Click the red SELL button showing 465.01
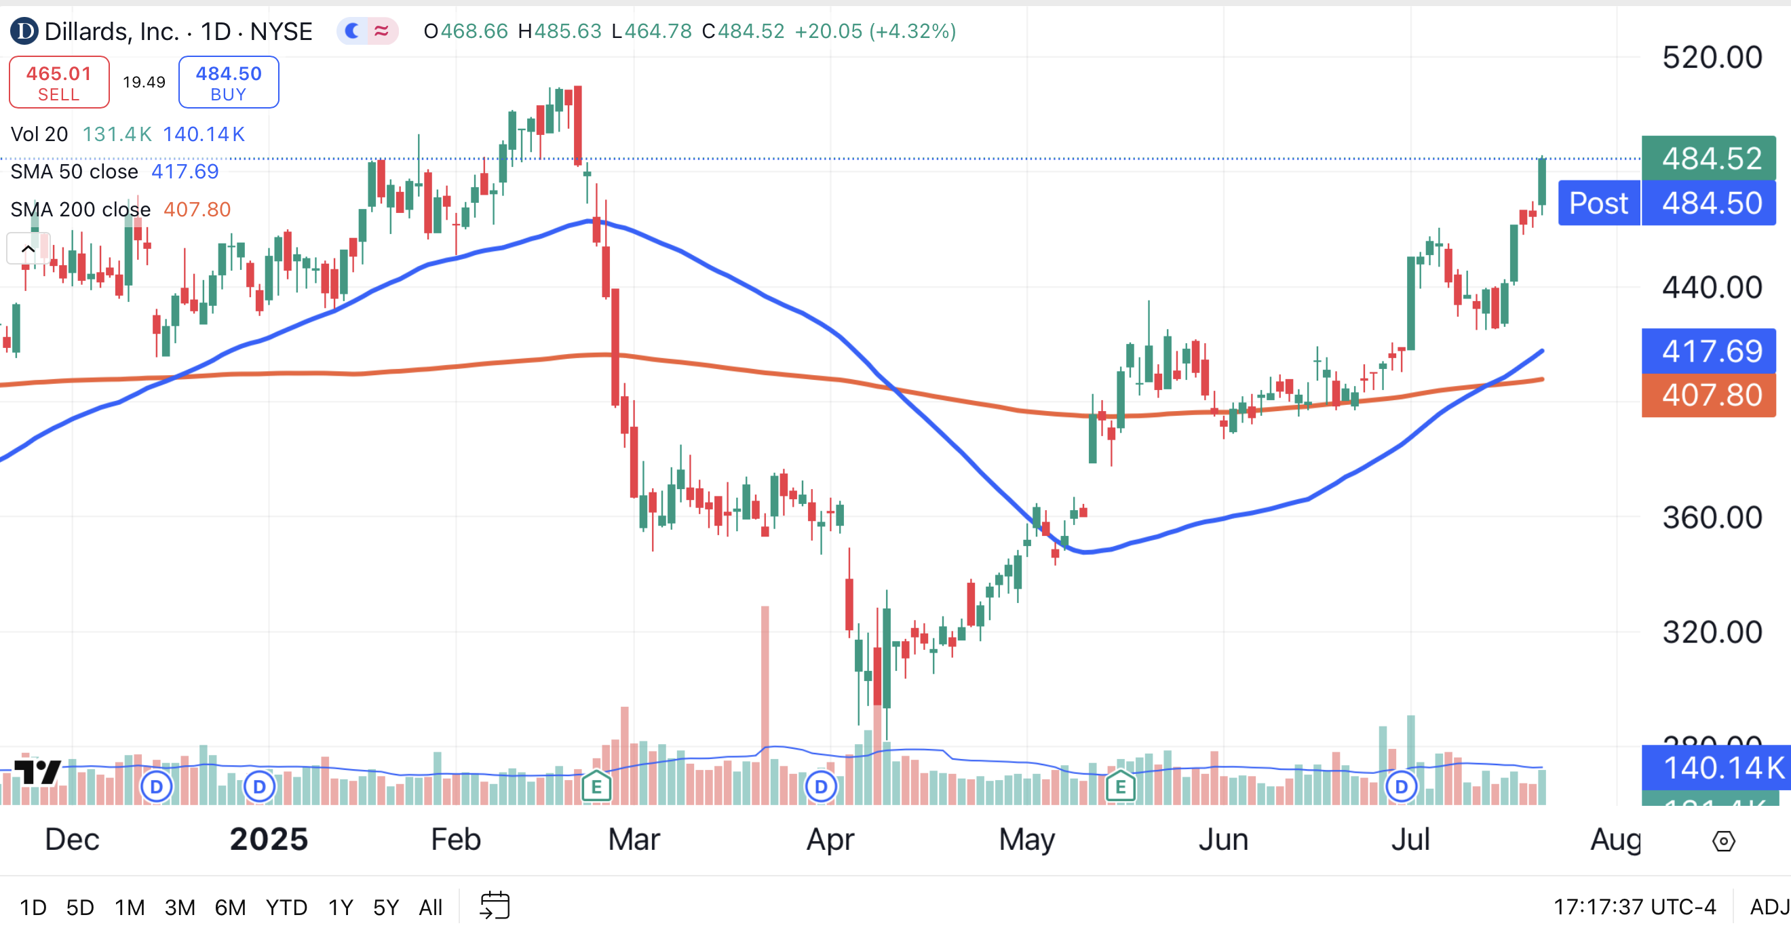[x=59, y=83]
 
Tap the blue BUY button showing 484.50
[x=229, y=83]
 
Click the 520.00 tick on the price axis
[x=1712, y=58]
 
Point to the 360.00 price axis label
[x=1712, y=518]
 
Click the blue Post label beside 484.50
[x=1598, y=203]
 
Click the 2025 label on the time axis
[x=269, y=840]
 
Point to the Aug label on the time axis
[x=1615, y=840]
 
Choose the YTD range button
[x=286, y=908]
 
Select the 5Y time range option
[x=386, y=908]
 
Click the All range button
[x=430, y=908]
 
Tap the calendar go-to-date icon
[x=495, y=906]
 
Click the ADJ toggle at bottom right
[x=1769, y=907]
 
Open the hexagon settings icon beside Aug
[x=1724, y=842]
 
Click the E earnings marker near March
[x=596, y=788]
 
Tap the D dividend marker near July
[x=1401, y=788]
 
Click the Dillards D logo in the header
[x=24, y=31]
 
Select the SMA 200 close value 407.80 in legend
[x=197, y=210]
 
